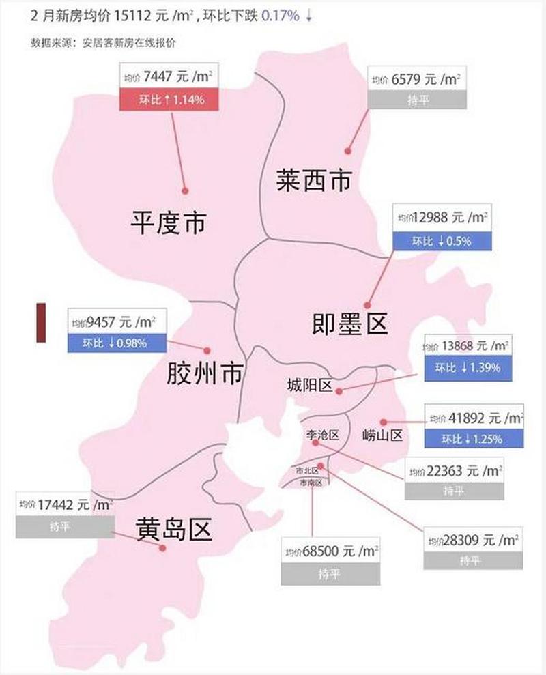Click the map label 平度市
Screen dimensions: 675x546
(168, 222)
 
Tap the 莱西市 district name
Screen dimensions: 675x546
(314, 181)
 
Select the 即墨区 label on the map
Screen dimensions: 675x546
(349, 321)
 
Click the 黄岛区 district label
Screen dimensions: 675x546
(173, 528)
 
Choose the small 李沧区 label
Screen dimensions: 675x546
(321, 435)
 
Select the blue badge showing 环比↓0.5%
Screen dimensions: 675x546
(440, 241)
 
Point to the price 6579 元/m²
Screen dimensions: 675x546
(416, 80)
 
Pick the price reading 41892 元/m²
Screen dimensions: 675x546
(474, 417)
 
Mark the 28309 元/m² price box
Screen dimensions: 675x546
(473, 540)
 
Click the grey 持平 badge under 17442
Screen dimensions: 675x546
(65, 527)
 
